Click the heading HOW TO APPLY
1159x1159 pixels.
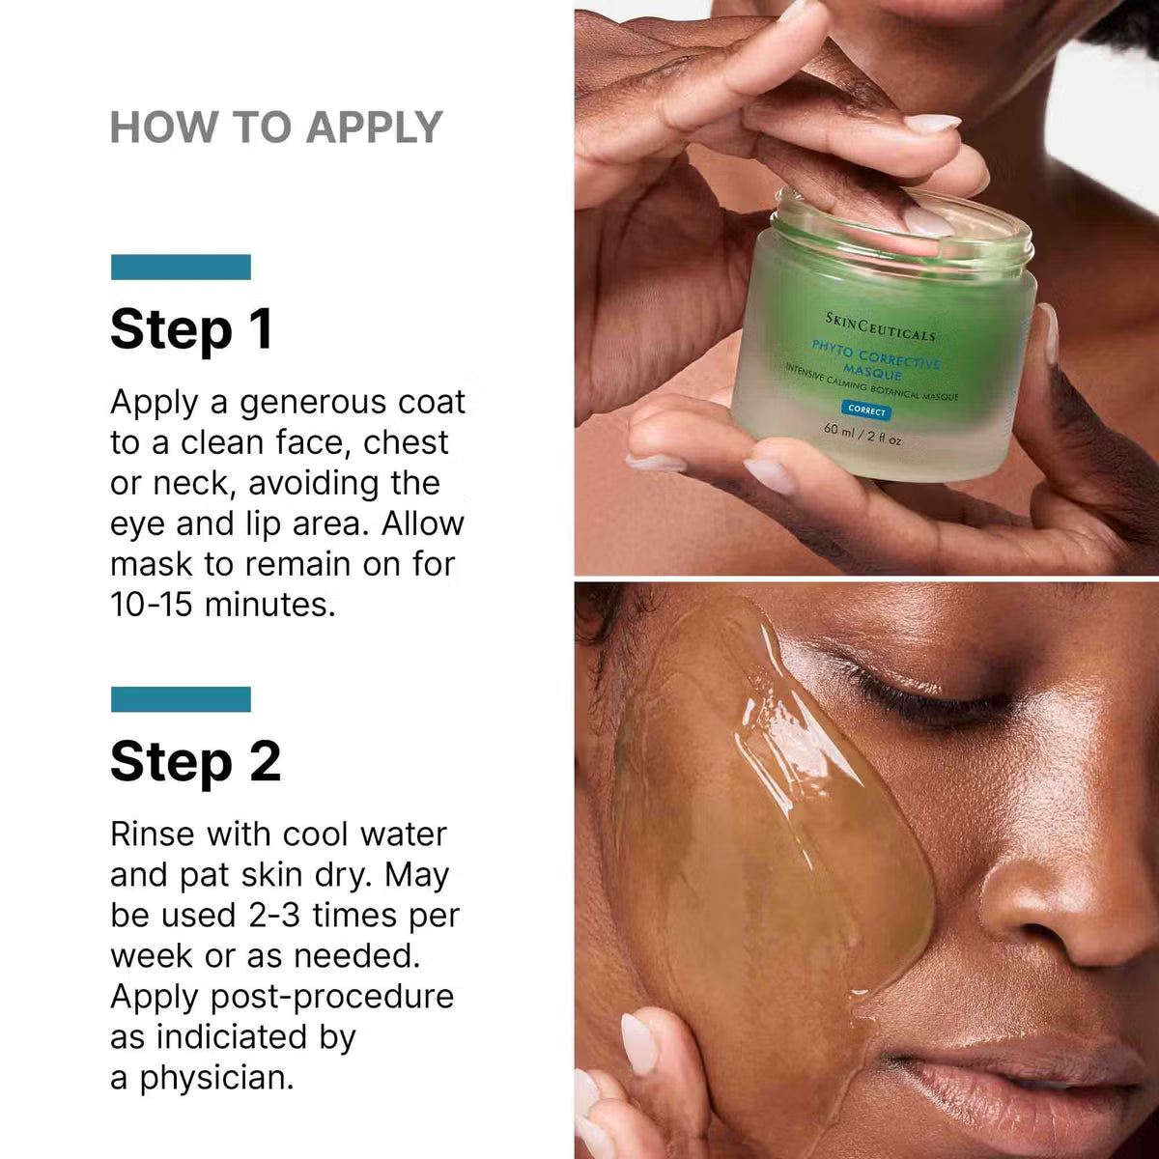pyautogui.click(x=276, y=127)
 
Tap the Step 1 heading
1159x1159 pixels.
pyautogui.click(x=191, y=329)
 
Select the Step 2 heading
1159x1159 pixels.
pyautogui.click(x=195, y=761)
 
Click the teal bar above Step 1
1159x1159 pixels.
pyautogui.click(x=181, y=267)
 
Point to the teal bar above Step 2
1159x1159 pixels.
pyautogui.click(x=181, y=699)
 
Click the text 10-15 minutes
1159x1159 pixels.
pyautogui.click(x=222, y=605)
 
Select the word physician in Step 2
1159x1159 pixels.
pyautogui.click(x=216, y=1078)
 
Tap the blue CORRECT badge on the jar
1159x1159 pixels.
pyautogui.click(x=866, y=410)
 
